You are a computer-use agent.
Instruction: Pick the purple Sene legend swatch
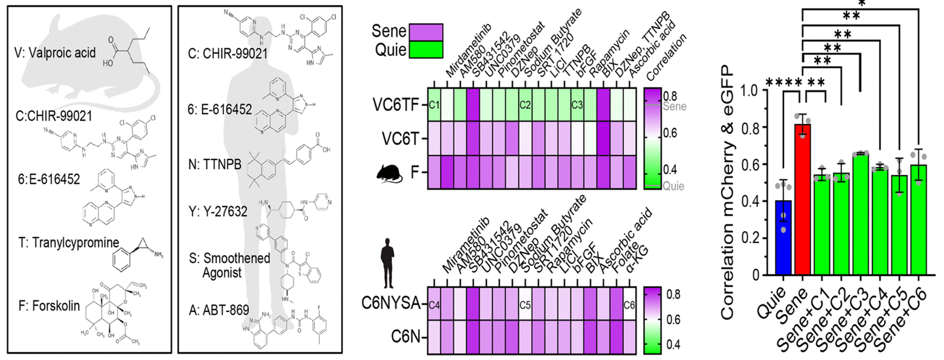(425, 31)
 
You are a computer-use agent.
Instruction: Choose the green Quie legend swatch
(425, 51)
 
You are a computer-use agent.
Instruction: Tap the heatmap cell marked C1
(434, 104)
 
